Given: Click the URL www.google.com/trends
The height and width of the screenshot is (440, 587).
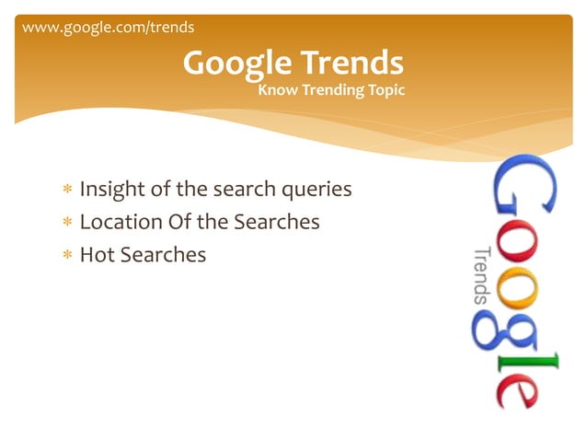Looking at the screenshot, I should coord(108,27).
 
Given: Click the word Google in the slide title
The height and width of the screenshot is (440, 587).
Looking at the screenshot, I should coord(235,63).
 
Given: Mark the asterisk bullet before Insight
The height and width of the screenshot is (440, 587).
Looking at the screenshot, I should coord(67,191).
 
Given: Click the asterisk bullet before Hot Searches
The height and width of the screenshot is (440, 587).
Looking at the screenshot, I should coord(67,254).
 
